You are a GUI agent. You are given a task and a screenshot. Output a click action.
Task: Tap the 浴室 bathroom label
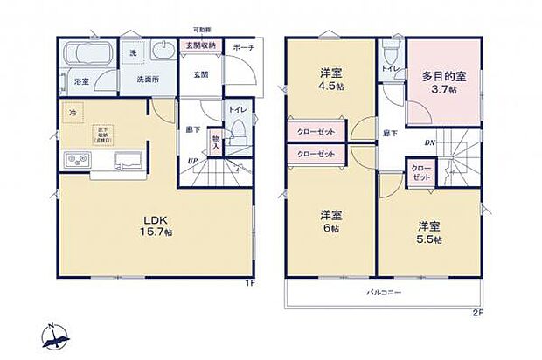pyautogui.click(x=80, y=81)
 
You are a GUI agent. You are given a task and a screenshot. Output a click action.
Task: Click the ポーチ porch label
pyautogui.click(x=244, y=48)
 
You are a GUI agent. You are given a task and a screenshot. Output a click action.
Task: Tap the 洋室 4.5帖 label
pyautogui.click(x=330, y=80)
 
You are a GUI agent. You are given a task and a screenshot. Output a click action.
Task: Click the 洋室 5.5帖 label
pyautogui.click(x=428, y=231)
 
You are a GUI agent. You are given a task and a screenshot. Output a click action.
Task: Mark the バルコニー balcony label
pyautogui.click(x=383, y=293)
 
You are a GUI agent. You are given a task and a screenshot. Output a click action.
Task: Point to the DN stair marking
pyautogui.click(x=430, y=142)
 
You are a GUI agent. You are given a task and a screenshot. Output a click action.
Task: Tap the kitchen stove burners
pyautogui.click(x=74, y=161)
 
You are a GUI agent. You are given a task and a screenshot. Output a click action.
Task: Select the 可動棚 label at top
pyautogui.click(x=204, y=29)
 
